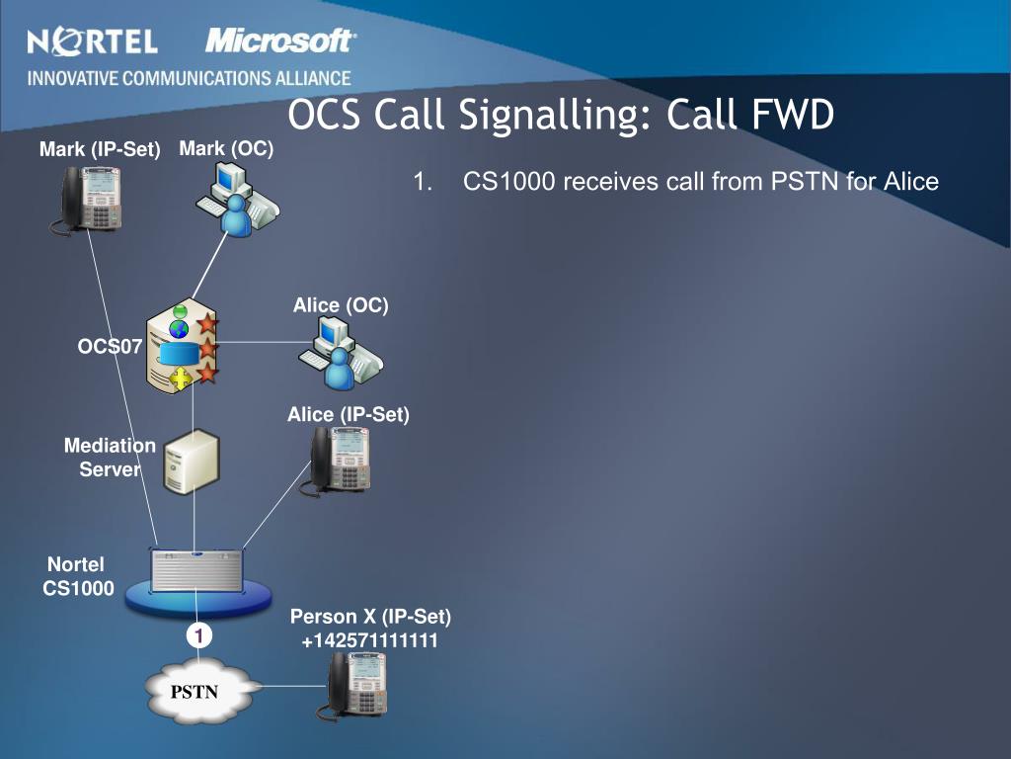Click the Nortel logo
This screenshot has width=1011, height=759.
click(92, 42)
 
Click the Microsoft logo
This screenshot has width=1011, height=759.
click(280, 42)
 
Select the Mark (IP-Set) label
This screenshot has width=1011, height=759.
click(100, 150)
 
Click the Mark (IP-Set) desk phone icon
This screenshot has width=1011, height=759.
click(90, 199)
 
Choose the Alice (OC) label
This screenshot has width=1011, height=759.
click(341, 305)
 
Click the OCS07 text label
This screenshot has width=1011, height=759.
click(110, 346)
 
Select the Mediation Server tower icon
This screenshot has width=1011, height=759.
click(191, 462)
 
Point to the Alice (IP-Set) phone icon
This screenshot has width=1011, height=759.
click(340, 460)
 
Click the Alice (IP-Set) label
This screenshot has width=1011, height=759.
click(348, 415)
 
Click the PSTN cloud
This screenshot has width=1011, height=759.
click(195, 691)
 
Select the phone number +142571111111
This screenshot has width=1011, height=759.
click(370, 641)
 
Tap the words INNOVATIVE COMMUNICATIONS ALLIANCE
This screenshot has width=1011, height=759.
click(189, 78)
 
